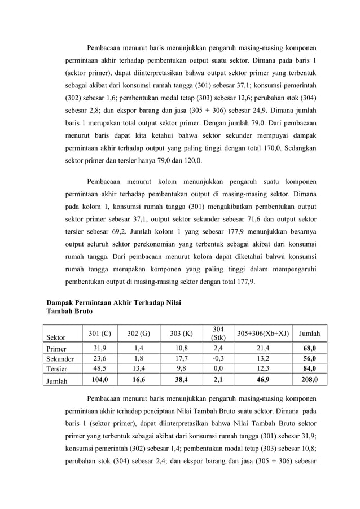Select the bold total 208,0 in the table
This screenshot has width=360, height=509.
(x=308, y=380)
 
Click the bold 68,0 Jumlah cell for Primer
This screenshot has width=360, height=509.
(x=308, y=348)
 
